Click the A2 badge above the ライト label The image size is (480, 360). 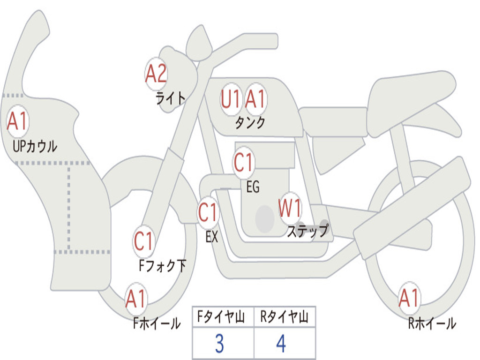coord(156,73)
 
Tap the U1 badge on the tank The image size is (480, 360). coord(231,99)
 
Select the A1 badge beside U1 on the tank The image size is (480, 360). coord(255,99)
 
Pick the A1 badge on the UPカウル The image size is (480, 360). coord(18,121)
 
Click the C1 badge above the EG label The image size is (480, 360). coord(244,163)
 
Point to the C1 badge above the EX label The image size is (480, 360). coord(208,213)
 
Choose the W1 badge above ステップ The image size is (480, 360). coord(290,208)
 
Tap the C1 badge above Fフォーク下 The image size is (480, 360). coord(143,241)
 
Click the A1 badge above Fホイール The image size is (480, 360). coord(136,299)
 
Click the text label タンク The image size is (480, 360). coord(250,123)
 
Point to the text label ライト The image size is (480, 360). coord(171,98)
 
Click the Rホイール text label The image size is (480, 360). coord(432,323)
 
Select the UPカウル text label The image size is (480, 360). coord(35,147)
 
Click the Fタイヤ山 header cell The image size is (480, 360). coord(223,318)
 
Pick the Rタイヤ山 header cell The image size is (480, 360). coord(285,318)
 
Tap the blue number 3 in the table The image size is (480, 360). coord(219,344)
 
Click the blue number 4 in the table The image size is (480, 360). coord(281,344)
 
